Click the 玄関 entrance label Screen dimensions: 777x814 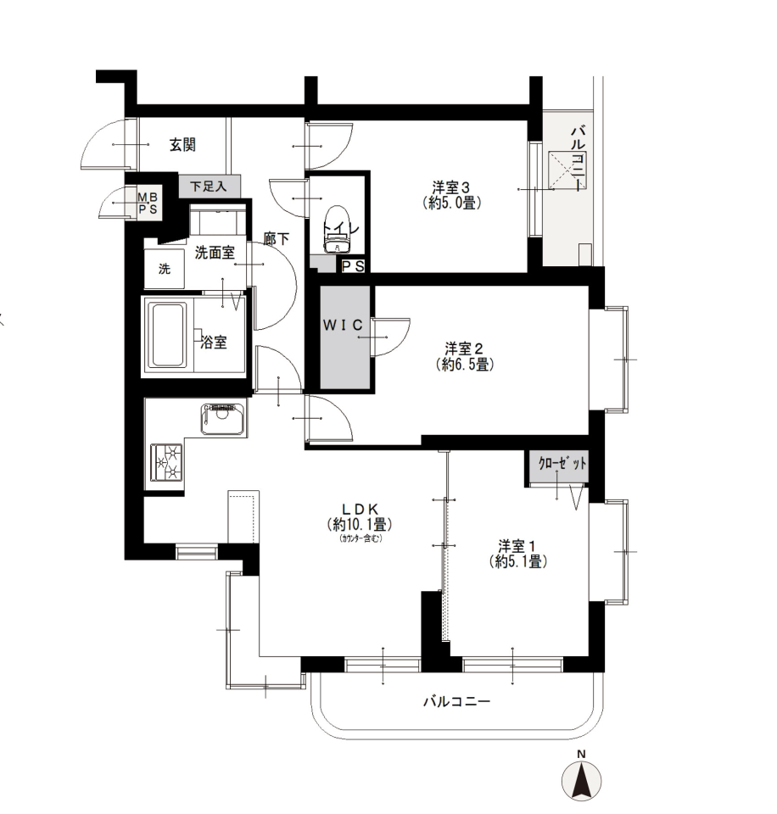[182, 145]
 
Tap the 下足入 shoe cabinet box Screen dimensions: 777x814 [210, 186]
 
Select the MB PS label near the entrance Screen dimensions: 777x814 [148, 203]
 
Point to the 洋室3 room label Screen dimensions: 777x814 [450, 187]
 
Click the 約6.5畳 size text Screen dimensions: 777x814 [465, 365]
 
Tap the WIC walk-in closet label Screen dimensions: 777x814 [343, 326]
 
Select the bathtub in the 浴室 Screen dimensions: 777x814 [167, 336]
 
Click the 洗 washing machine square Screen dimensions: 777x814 [164, 269]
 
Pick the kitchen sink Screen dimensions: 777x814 [223, 418]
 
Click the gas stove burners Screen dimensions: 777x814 [167, 463]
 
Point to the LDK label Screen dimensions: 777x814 [360, 509]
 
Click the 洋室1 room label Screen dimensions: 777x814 [517, 545]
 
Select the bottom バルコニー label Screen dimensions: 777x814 [456, 702]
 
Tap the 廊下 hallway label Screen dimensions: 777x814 [276, 239]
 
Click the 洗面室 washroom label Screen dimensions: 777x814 [215, 253]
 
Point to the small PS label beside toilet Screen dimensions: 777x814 [353, 266]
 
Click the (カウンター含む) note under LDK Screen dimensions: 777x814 [361, 538]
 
